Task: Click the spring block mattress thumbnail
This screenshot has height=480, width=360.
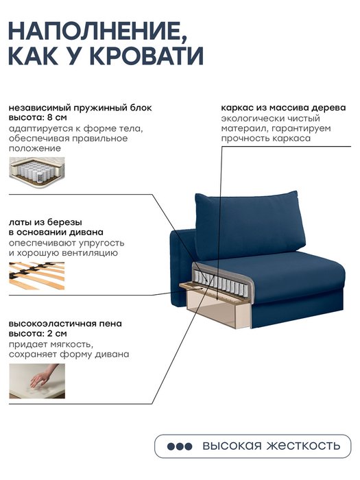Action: (x=37, y=171)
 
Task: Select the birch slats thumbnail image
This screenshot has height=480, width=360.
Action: (x=37, y=276)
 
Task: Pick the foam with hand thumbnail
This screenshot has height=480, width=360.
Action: (x=37, y=381)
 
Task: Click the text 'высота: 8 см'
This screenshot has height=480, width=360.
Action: (x=38, y=117)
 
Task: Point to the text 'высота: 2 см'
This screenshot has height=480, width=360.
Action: (x=38, y=333)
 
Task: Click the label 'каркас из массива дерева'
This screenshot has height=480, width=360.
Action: (x=283, y=108)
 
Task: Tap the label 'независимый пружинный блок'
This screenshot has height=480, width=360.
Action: (x=80, y=108)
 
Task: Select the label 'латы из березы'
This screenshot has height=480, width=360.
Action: (x=45, y=222)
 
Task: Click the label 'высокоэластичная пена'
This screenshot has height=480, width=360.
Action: (x=65, y=324)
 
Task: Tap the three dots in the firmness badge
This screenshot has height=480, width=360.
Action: (x=180, y=446)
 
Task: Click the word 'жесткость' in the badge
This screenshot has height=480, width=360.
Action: (x=303, y=446)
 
